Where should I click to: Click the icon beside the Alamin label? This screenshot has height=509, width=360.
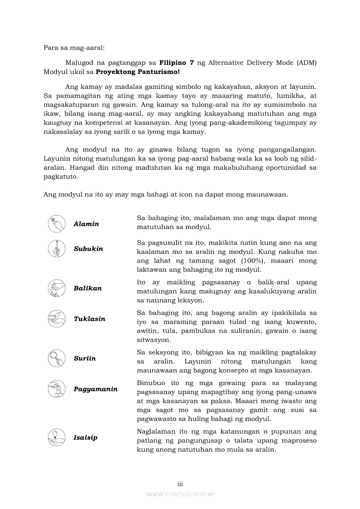click(x=56, y=224)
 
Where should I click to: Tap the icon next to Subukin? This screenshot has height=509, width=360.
click(x=56, y=249)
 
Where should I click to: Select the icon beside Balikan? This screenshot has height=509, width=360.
click(x=56, y=288)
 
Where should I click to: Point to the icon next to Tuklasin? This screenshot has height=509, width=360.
click(x=56, y=319)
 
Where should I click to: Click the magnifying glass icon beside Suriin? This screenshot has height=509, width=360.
click(x=56, y=358)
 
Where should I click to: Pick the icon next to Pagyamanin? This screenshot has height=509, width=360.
click(x=56, y=389)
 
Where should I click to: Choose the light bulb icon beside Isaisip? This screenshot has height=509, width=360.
click(x=56, y=437)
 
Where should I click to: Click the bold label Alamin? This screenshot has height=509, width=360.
click(x=86, y=224)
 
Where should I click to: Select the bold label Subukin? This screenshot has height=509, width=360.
click(x=88, y=249)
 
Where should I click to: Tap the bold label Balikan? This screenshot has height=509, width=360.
click(x=88, y=288)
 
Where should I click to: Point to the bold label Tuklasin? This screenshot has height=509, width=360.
click(x=89, y=319)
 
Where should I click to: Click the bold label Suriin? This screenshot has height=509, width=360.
click(x=85, y=358)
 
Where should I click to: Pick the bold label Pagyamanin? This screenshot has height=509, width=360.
click(x=95, y=389)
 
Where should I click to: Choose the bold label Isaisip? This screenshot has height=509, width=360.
click(x=85, y=437)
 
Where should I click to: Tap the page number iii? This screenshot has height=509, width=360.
click(x=180, y=484)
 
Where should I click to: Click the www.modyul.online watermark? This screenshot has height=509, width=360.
click(x=180, y=494)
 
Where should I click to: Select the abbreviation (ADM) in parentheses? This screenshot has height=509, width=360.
click(x=307, y=62)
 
